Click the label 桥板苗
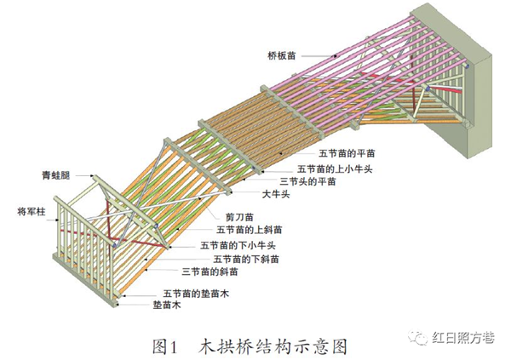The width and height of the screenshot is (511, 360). pos(282,55)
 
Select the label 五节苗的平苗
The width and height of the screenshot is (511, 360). pos(347,153)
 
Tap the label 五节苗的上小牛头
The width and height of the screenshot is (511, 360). pos(335,169)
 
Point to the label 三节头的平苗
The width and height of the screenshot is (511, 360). pos(307,181)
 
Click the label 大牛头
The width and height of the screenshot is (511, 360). pos(276,194)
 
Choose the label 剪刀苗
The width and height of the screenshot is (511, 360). pos(239,217)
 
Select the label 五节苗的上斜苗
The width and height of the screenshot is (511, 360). pos(250,230)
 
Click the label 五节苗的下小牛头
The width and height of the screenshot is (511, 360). pos(238,245)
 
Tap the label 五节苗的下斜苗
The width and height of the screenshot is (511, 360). pos(246,260)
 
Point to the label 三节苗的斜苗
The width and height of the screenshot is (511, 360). pos(210,271)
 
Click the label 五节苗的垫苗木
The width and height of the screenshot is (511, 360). pos(196,294)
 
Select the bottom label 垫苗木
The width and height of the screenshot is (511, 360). pos(167,306)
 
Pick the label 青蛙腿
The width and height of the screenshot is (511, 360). pos(55,175)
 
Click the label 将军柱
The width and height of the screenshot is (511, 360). pos(32,212)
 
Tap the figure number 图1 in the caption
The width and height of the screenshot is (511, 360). pos(164,346)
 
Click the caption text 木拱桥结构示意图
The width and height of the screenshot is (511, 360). pos(273,346)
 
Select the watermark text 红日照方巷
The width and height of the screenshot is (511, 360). pos(463,338)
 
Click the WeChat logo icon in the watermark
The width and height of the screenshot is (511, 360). pos(418,337)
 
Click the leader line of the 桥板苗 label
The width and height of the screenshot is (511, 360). pos(319,56)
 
